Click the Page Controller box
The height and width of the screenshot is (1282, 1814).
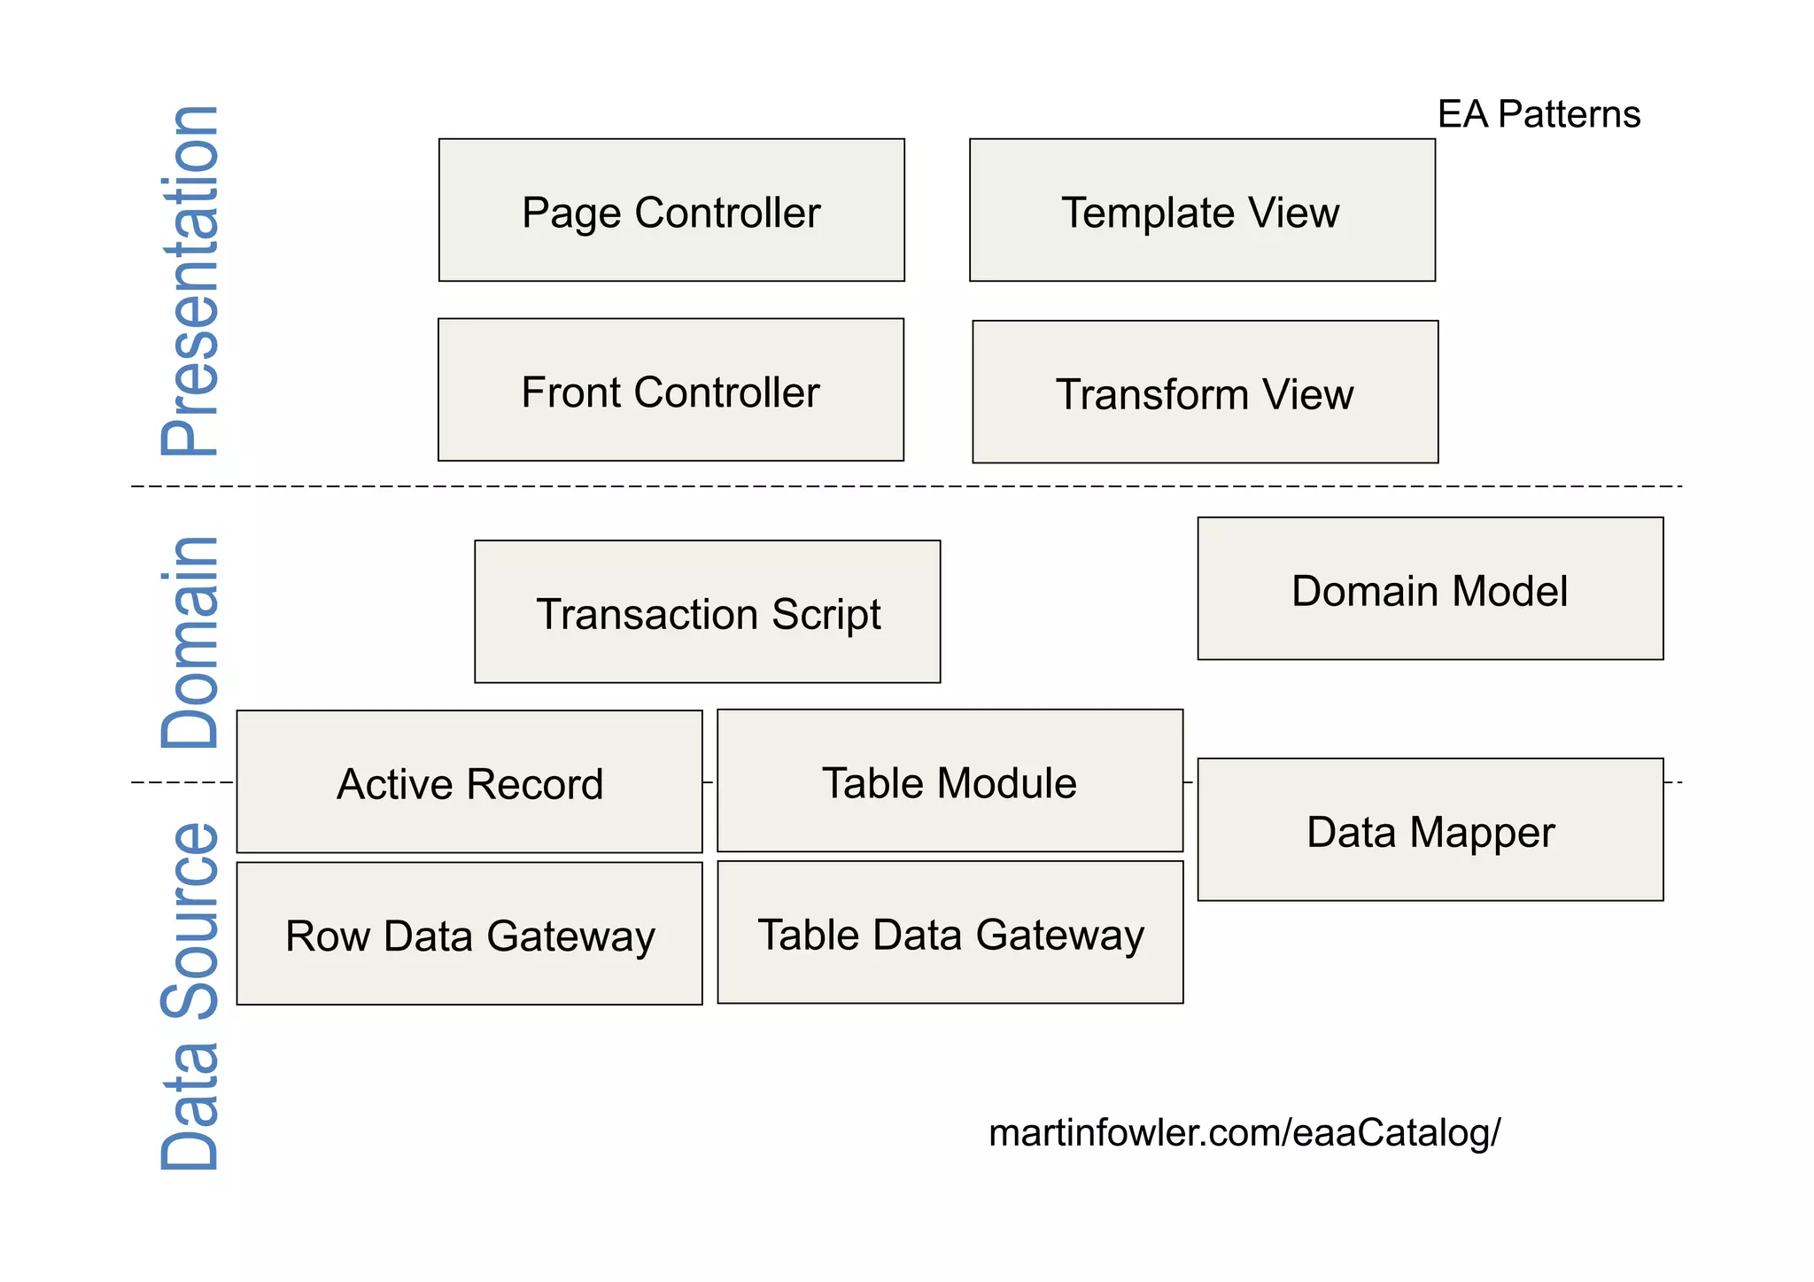(671, 210)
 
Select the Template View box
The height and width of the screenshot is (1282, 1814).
(1202, 210)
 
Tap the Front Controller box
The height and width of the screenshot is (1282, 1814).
(671, 390)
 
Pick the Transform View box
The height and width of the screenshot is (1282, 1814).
(1205, 392)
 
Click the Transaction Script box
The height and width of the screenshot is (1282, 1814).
(707, 611)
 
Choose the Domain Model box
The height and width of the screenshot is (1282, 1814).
(1430, 588)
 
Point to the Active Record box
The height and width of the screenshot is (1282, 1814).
(469, 781)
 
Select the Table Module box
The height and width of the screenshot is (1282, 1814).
(950, 780)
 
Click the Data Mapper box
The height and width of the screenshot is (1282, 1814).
(1430, 829)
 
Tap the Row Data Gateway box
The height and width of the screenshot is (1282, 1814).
(469, 933)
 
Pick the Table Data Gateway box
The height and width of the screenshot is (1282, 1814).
(950, 932)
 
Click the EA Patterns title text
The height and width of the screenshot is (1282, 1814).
(1539, 114)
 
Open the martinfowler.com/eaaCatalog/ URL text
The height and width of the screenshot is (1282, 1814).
(1244, 1132)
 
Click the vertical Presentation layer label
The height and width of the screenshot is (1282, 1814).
(190, 280)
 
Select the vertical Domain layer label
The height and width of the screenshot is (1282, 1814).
(190, 642)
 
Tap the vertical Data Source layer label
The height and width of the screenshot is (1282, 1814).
(190, 997)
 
